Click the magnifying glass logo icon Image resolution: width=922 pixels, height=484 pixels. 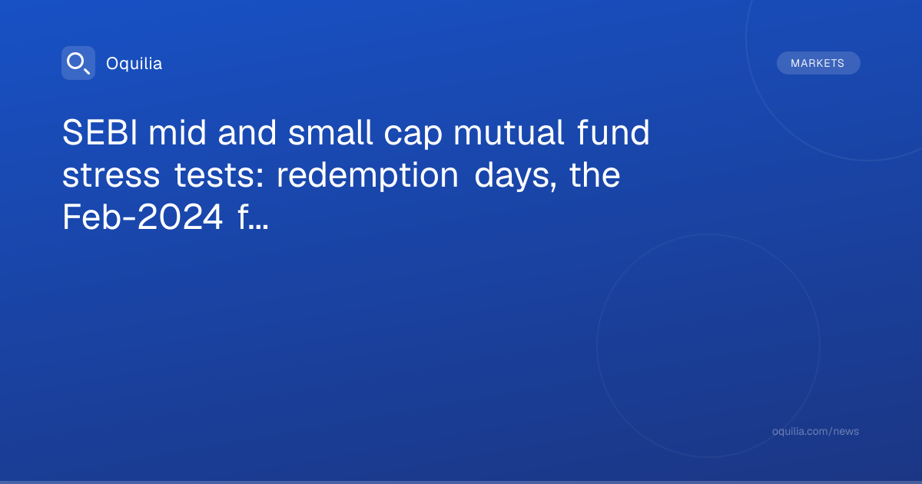(78, 63)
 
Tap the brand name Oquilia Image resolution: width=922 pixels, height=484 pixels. (134, 64)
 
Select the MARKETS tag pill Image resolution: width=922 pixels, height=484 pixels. (818, 63)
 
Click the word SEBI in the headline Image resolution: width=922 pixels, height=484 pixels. (100, 132)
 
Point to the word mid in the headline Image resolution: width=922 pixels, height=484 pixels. (177, 132)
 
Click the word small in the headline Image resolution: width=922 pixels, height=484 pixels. (330, 132)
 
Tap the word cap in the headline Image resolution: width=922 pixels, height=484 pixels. (413, 136)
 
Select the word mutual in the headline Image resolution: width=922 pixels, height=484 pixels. (509, 132)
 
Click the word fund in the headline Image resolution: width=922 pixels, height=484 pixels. (613, 132)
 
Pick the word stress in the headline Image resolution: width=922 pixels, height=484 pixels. (111, 176)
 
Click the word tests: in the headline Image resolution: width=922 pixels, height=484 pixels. (219, 176)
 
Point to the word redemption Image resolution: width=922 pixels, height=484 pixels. (367, 177)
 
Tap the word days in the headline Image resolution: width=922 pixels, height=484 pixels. (516, 177)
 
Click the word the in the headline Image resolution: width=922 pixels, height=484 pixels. (595, 174)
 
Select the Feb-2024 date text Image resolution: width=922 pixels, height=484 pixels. (142, 217)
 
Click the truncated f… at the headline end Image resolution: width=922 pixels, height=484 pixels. (253, 217)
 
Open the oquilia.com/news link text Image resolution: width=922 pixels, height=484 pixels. (815, 431)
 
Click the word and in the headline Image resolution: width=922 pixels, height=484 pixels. (247, 132)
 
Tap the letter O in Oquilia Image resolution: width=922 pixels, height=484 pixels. (112, 64)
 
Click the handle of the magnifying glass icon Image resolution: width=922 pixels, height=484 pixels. (86, 71)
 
